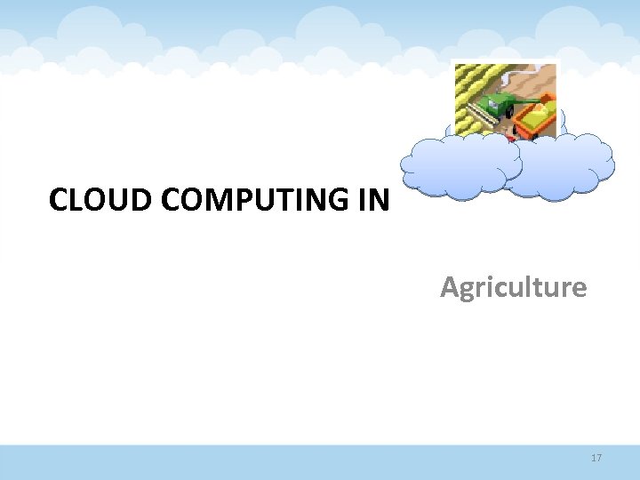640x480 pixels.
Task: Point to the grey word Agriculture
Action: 513,287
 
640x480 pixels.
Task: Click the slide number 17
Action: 596,458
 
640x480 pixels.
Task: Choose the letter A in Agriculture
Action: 449,287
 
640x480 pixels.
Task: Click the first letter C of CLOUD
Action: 59,200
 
